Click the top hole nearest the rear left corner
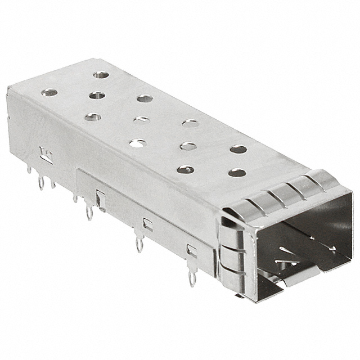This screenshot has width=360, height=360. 50,92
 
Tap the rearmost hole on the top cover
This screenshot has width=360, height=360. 101,74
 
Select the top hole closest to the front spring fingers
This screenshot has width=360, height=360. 237,172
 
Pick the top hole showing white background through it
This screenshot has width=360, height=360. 137,143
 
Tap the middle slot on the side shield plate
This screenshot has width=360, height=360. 147,224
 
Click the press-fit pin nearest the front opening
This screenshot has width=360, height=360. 192,277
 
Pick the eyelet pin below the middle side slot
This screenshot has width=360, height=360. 139,244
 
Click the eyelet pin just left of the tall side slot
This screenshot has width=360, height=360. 89,213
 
